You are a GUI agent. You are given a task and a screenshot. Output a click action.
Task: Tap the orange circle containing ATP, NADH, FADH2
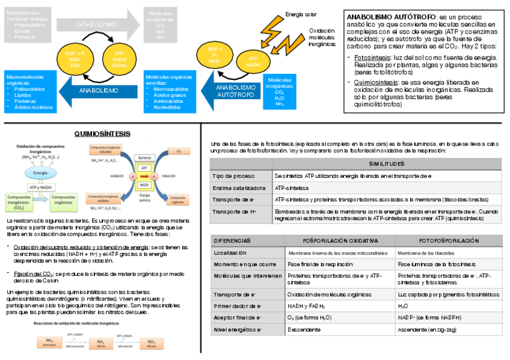click(119, 59)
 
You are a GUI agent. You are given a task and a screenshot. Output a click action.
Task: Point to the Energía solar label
click(301, 14)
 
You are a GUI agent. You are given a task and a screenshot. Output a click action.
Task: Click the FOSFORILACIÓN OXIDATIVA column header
click(340, 240)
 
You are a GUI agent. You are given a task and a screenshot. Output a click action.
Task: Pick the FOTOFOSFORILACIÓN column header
click(449, 240)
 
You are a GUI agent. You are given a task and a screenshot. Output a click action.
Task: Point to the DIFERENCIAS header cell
click(232, 240)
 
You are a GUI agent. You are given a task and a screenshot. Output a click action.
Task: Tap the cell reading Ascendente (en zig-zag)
click(428, 329)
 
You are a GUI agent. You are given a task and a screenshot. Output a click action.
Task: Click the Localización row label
click(230, 253)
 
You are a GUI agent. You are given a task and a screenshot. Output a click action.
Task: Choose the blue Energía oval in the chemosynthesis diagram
click(40, 172)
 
